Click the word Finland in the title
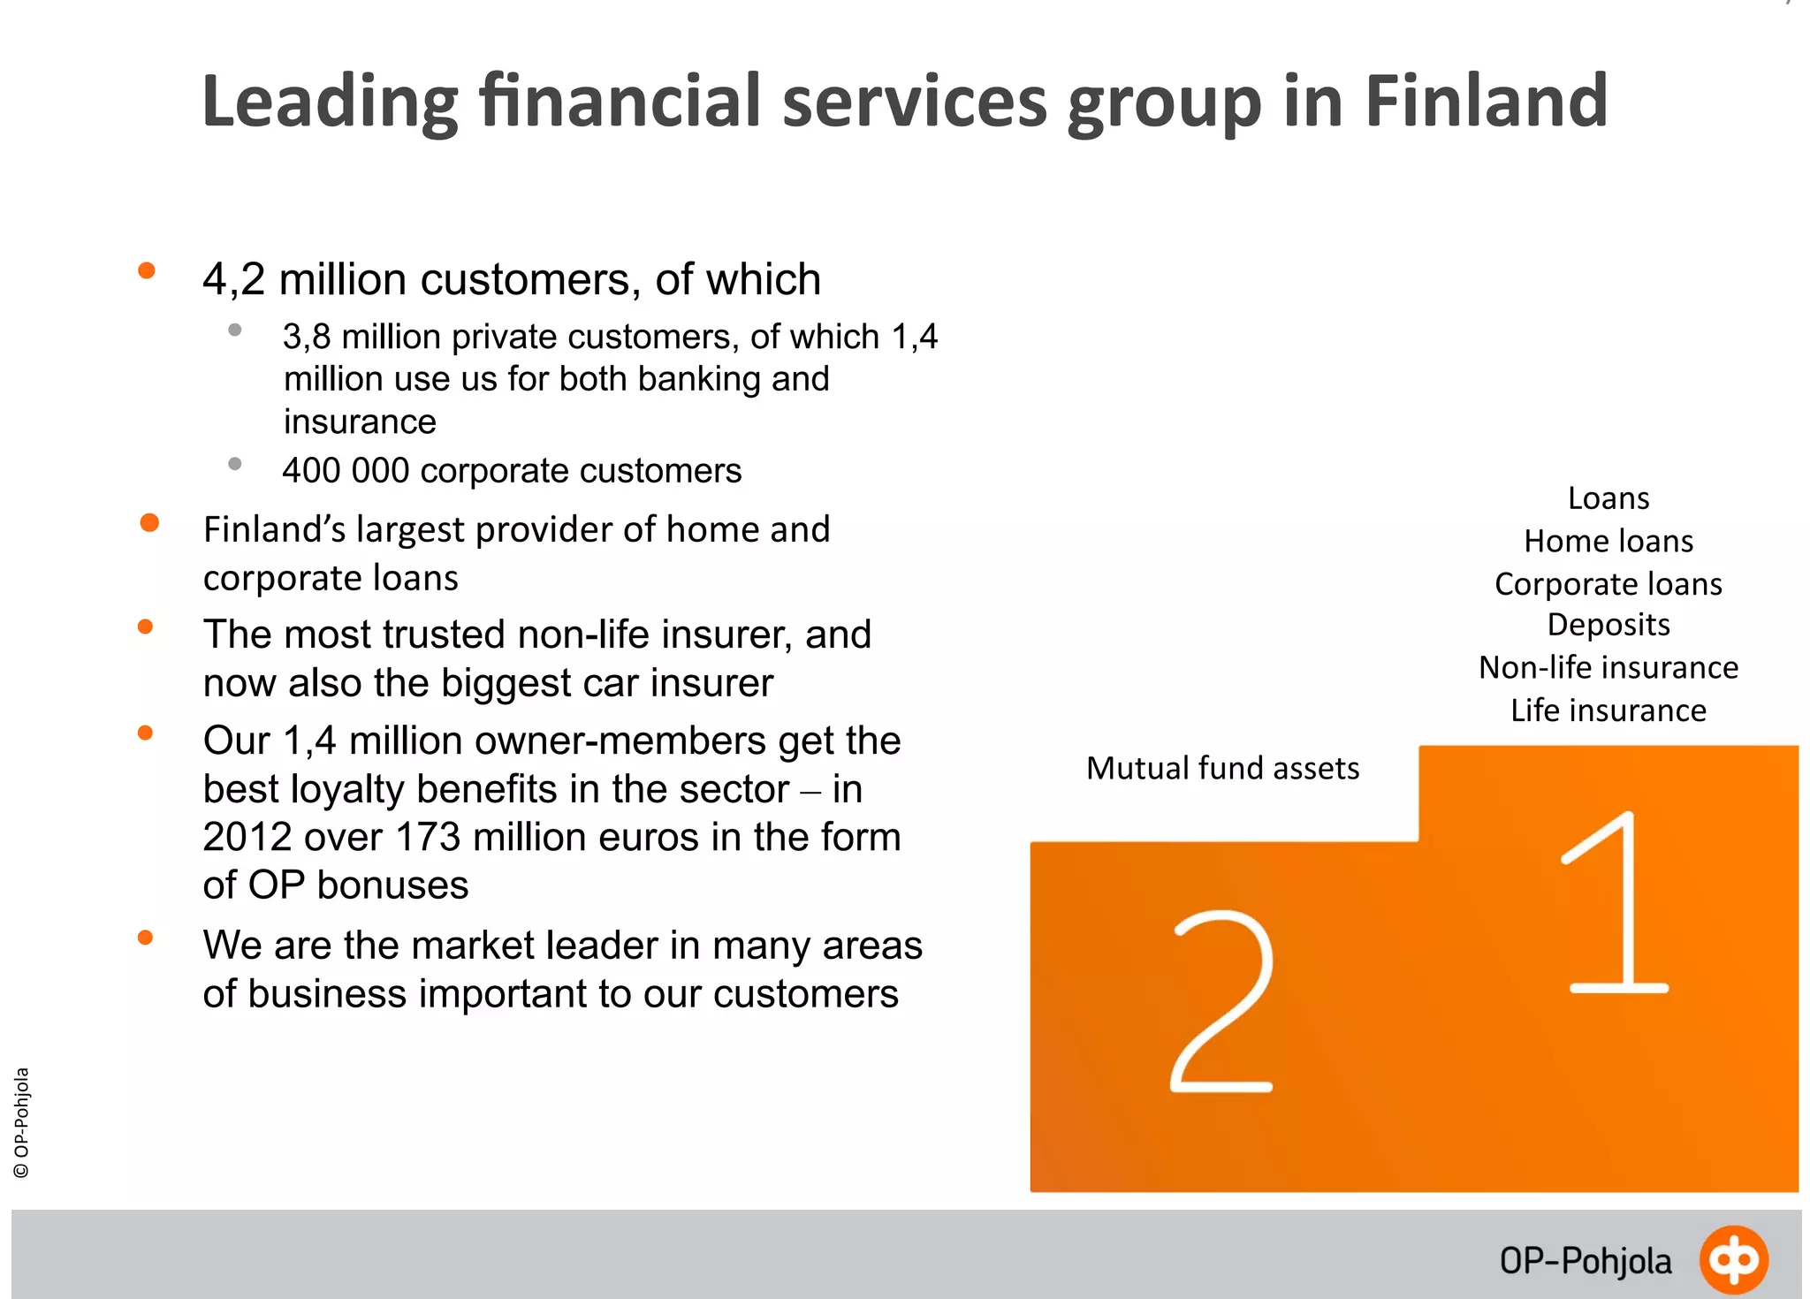click(x=1486, y=102)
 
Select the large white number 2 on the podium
click(x=1223, y=1002)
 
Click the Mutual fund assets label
click(x=1222, y=768)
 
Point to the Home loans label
click(x=1608, y=541)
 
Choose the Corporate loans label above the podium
click(x=1608, y=584)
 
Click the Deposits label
click(x=1608, y=625)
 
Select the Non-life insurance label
click(x=1608, y=667)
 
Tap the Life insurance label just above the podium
click(x=1608, y=710)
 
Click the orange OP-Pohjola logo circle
click(x=1733, y=1259)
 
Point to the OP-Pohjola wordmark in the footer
click(x=1586, y=1261)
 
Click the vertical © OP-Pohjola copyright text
click(x=22, y=1122)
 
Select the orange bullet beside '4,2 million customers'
click(x=147, y=271)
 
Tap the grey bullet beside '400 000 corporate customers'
click(x=235, y=464)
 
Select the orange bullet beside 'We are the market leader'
click(x=146, y=938)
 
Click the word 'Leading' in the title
click(x=330, y=102)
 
